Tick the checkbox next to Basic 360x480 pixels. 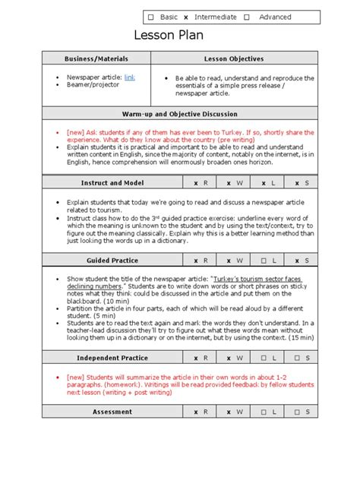pyautogui.click(x=151, y=17)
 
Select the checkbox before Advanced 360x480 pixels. pyautogui.click(x=248, y=17)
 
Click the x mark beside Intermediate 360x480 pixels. pyautogui.click(x=187, y=17)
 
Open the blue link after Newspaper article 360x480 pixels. pyautogui.click(x=130, y=77)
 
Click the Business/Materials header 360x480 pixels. pyautogui.click(x=97, y=58)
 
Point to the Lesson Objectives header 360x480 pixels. pyautogui.click(x=234, y=58)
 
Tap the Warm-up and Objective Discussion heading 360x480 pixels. pyautogui.click(x=179, y=113)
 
